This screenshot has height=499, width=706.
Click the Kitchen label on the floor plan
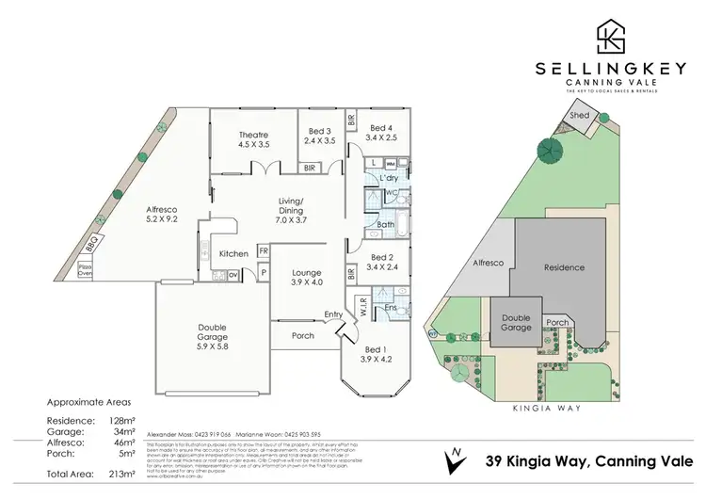click(x=233, y=254)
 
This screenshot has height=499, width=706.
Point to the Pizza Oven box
click(x=111, y=269)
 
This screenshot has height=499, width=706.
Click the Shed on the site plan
click(x=579, y=116)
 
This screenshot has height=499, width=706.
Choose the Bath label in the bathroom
click(x=385, y=225)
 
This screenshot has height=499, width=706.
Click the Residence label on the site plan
click(x=565, y=267)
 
